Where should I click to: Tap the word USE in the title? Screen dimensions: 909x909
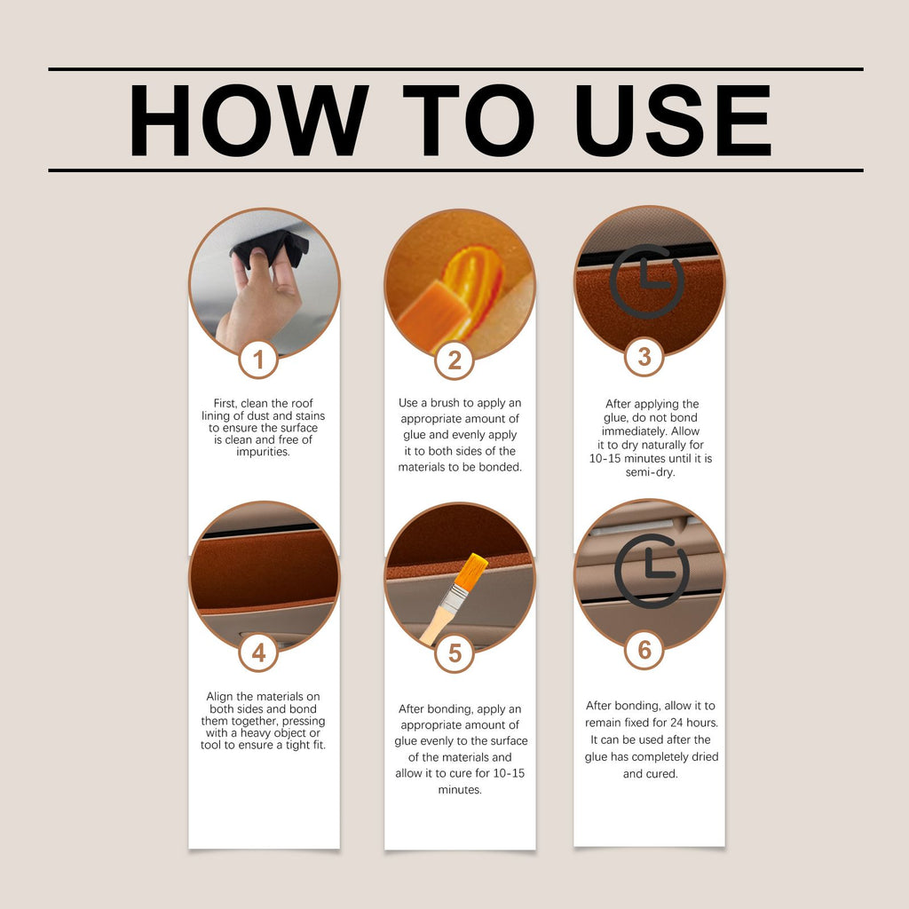673,120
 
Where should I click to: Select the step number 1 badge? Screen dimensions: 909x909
258,360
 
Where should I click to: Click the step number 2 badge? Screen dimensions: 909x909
454,360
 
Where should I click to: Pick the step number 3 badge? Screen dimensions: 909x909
644,357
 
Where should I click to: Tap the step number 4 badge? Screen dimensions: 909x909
258,652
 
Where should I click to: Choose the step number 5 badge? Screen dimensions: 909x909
454,653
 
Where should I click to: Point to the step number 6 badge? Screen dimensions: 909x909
644,650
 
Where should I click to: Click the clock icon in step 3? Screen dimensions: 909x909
647,281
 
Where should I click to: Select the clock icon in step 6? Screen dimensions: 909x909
652,571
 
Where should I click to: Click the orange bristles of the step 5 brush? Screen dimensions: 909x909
470,571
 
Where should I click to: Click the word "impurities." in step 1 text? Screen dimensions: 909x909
263,452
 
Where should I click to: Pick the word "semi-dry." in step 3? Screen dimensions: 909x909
650,472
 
